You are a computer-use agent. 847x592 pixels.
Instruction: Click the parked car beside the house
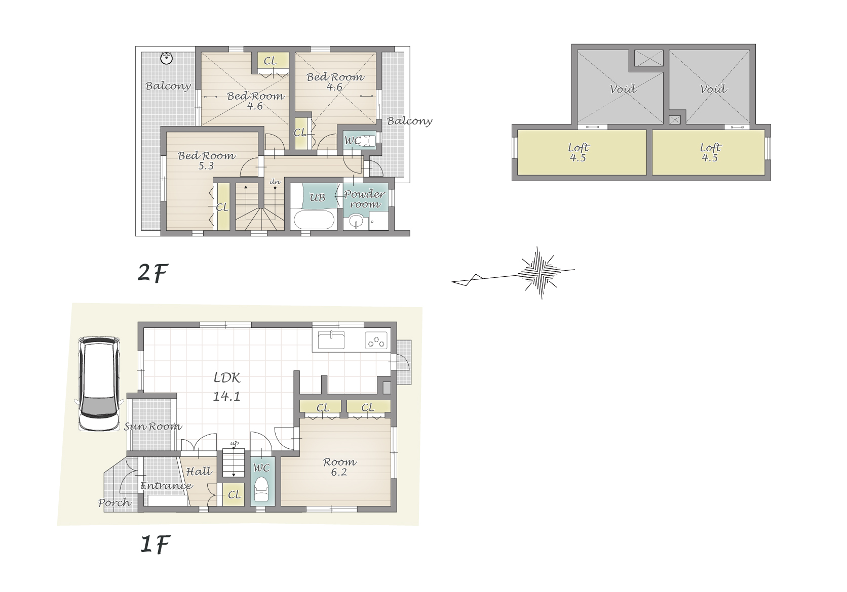(x=99, y=383)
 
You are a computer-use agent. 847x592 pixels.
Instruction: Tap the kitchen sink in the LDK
(x=331, y=340)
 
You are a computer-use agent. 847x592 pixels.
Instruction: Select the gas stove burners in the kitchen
(x=376, y=340)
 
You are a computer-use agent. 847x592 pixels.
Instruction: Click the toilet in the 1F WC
(x=261, y=490)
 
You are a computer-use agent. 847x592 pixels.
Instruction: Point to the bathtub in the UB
(x=314, y=220)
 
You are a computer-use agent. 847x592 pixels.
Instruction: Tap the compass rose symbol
(x=539, y=272)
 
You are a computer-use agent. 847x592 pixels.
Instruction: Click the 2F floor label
(x=152, y=273)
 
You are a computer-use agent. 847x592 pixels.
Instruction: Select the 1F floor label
(x=155, y=544)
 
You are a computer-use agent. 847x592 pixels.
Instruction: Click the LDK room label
(x=227, y=387)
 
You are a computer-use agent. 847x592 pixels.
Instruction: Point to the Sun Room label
(x=153, y=427)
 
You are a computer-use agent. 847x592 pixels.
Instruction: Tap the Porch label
(x=114, y=503)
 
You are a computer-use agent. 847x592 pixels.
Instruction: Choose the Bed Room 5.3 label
(x=207, y=160)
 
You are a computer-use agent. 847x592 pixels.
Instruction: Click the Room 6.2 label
(x=339, y=467)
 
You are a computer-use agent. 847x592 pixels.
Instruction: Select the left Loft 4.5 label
(x=579, y=152)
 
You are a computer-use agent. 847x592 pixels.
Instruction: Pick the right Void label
(x=713, y=89)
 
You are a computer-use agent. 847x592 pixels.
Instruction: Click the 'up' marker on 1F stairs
(x=235, y=443)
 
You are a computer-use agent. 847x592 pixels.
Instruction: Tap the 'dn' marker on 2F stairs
(x=275, y=182)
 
